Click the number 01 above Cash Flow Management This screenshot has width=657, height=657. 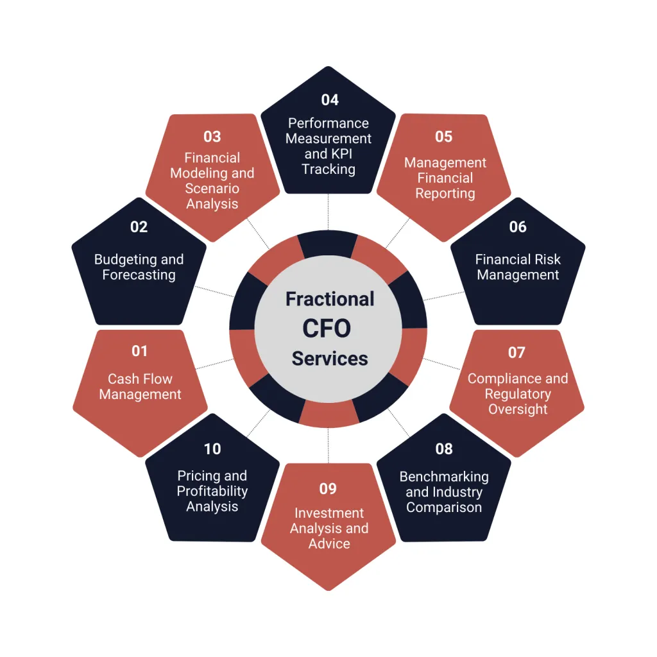[139, 352]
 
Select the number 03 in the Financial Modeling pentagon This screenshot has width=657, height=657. [212, 137]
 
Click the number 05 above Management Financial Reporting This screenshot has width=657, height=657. [444, 137]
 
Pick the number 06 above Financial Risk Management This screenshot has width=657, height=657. [518, 227]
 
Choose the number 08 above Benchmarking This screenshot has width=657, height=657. [444, 449]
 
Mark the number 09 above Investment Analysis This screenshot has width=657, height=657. [328, 489]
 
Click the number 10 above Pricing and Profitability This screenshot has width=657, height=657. [212, 449]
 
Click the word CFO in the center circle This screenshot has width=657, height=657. [327, 329]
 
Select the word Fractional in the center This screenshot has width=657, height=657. [330, 299]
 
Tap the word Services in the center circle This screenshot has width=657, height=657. [330, 359]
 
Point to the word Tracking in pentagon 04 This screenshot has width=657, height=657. [328, 169]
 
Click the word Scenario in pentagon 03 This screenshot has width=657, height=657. [212, 189]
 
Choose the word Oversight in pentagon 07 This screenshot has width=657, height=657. [518, 409]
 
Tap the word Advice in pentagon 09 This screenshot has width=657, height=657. [329, 543]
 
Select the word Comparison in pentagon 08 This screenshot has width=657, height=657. [444, 508]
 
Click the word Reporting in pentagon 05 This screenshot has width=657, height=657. [445, 194]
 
